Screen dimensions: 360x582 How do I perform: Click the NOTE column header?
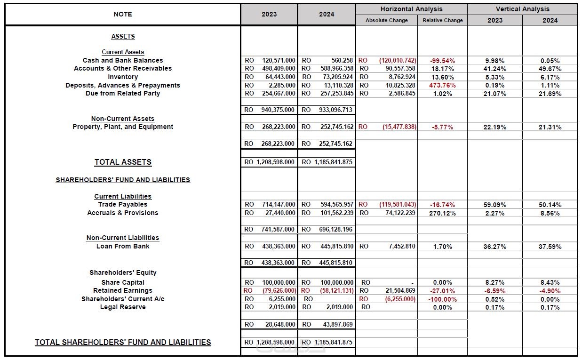coord(122,14)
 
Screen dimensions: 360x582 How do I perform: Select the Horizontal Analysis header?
coord(411,9)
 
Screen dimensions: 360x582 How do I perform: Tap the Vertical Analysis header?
coord(522,9)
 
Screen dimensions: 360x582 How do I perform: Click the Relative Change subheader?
coord(442,20)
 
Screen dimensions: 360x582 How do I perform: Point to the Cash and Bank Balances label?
coord(122,60)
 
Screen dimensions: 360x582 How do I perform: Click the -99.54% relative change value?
coord(442,61)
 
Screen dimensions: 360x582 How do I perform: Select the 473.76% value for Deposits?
coord(442,85)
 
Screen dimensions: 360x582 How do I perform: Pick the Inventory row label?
coord(122,77)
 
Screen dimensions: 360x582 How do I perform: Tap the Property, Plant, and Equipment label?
coord(122,127)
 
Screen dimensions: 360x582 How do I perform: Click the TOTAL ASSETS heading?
coord(122,162)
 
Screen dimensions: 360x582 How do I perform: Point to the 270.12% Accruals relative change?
coord(442,213)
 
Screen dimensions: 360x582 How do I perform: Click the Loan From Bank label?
coord(122,246)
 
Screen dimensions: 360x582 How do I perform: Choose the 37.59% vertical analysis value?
coord(550,247)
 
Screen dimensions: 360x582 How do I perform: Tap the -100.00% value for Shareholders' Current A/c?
coord(442,299)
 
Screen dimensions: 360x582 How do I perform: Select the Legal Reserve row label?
coord(122,307)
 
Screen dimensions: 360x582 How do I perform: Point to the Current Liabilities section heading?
coord(122,196)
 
